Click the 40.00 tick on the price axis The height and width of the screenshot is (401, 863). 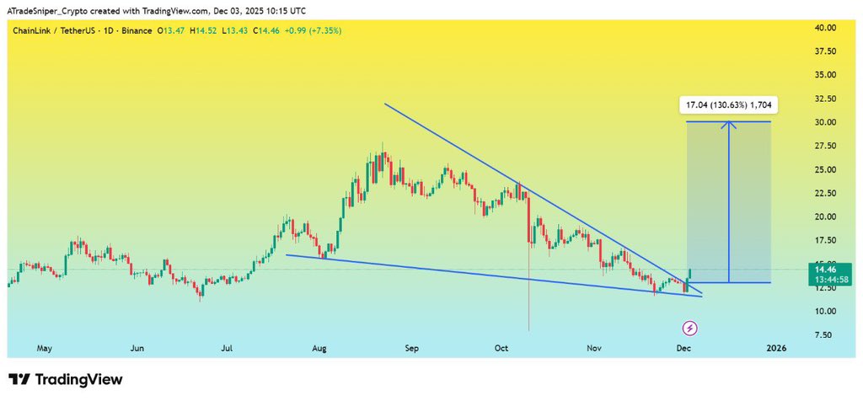point(824,28)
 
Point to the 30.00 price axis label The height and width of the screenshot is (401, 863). point(824,122)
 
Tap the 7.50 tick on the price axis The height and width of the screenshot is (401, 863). point(824,334)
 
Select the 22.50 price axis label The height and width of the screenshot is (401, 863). point(824,193)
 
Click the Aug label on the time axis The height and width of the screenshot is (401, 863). point(319,347)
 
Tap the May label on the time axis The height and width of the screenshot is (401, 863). point(45,347)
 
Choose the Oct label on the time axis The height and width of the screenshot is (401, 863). point(501,347)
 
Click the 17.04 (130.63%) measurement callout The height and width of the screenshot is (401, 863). point(729,105)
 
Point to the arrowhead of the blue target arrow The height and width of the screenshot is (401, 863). point(729,125)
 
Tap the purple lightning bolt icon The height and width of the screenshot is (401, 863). point(690,328)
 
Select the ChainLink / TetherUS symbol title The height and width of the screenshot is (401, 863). point(51,30)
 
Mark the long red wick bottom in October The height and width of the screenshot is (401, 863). point(528,330)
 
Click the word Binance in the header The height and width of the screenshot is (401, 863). point(135,30)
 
